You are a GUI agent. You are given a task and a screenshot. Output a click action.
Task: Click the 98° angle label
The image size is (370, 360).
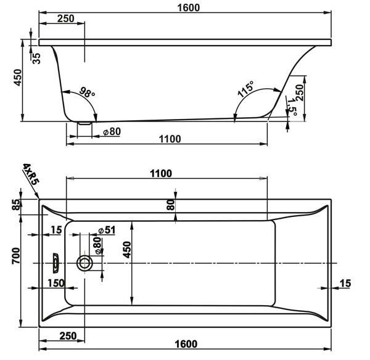pyautogui.click(x=87, y=92)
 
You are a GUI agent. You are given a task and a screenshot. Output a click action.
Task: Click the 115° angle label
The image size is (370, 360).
pyautogui.click(x=246, y=89)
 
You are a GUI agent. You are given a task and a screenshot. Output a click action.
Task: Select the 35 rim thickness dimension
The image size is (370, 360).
pyautogui.click(x=36, y=59)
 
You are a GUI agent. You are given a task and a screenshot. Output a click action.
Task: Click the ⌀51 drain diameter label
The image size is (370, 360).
pyautogui.click(x=107, y=230)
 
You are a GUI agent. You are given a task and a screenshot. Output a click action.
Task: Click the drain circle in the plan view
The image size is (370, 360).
pyautogui.click(x=84, y=263)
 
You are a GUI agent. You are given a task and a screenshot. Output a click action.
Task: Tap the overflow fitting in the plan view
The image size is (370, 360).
pyautogui.click(x=55, y=263)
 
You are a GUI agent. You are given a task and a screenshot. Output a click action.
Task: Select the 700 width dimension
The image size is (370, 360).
pyautogui.click(x=16, y=256)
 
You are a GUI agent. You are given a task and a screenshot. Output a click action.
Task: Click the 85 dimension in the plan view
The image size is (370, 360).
pyautogui.click(x=16, y=205)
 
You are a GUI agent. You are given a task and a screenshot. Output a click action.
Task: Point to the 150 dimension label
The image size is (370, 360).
pyautogui.click(x=56, y=283)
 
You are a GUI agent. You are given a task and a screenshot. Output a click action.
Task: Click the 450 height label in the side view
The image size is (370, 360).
pyautogui.click(x=18, y=78)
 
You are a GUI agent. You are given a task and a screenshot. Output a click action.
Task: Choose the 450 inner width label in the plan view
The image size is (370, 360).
pyautogui.click(x=126, y=250)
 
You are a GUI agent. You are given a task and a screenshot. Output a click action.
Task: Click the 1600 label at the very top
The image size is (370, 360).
pyautogui.click(x=188, y=8)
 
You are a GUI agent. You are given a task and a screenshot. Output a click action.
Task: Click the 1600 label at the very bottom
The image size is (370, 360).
pyautogui.click(x=186, y=344)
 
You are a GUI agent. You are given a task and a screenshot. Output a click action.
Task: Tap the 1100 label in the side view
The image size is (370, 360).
pyautogui.click(x=170, y=139)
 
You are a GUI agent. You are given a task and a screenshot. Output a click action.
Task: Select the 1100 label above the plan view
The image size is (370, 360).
pyautogui.click(x=161, y=174)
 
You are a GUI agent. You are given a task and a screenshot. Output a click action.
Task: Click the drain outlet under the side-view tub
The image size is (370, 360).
pyautogui.click(x=84, y=123)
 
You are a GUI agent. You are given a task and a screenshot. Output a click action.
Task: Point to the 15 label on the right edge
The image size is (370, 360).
pyautogui.click(x=345, y=284)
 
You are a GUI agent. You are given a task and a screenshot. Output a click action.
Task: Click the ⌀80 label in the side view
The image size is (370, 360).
pyautogui.click(x=112, y=132)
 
